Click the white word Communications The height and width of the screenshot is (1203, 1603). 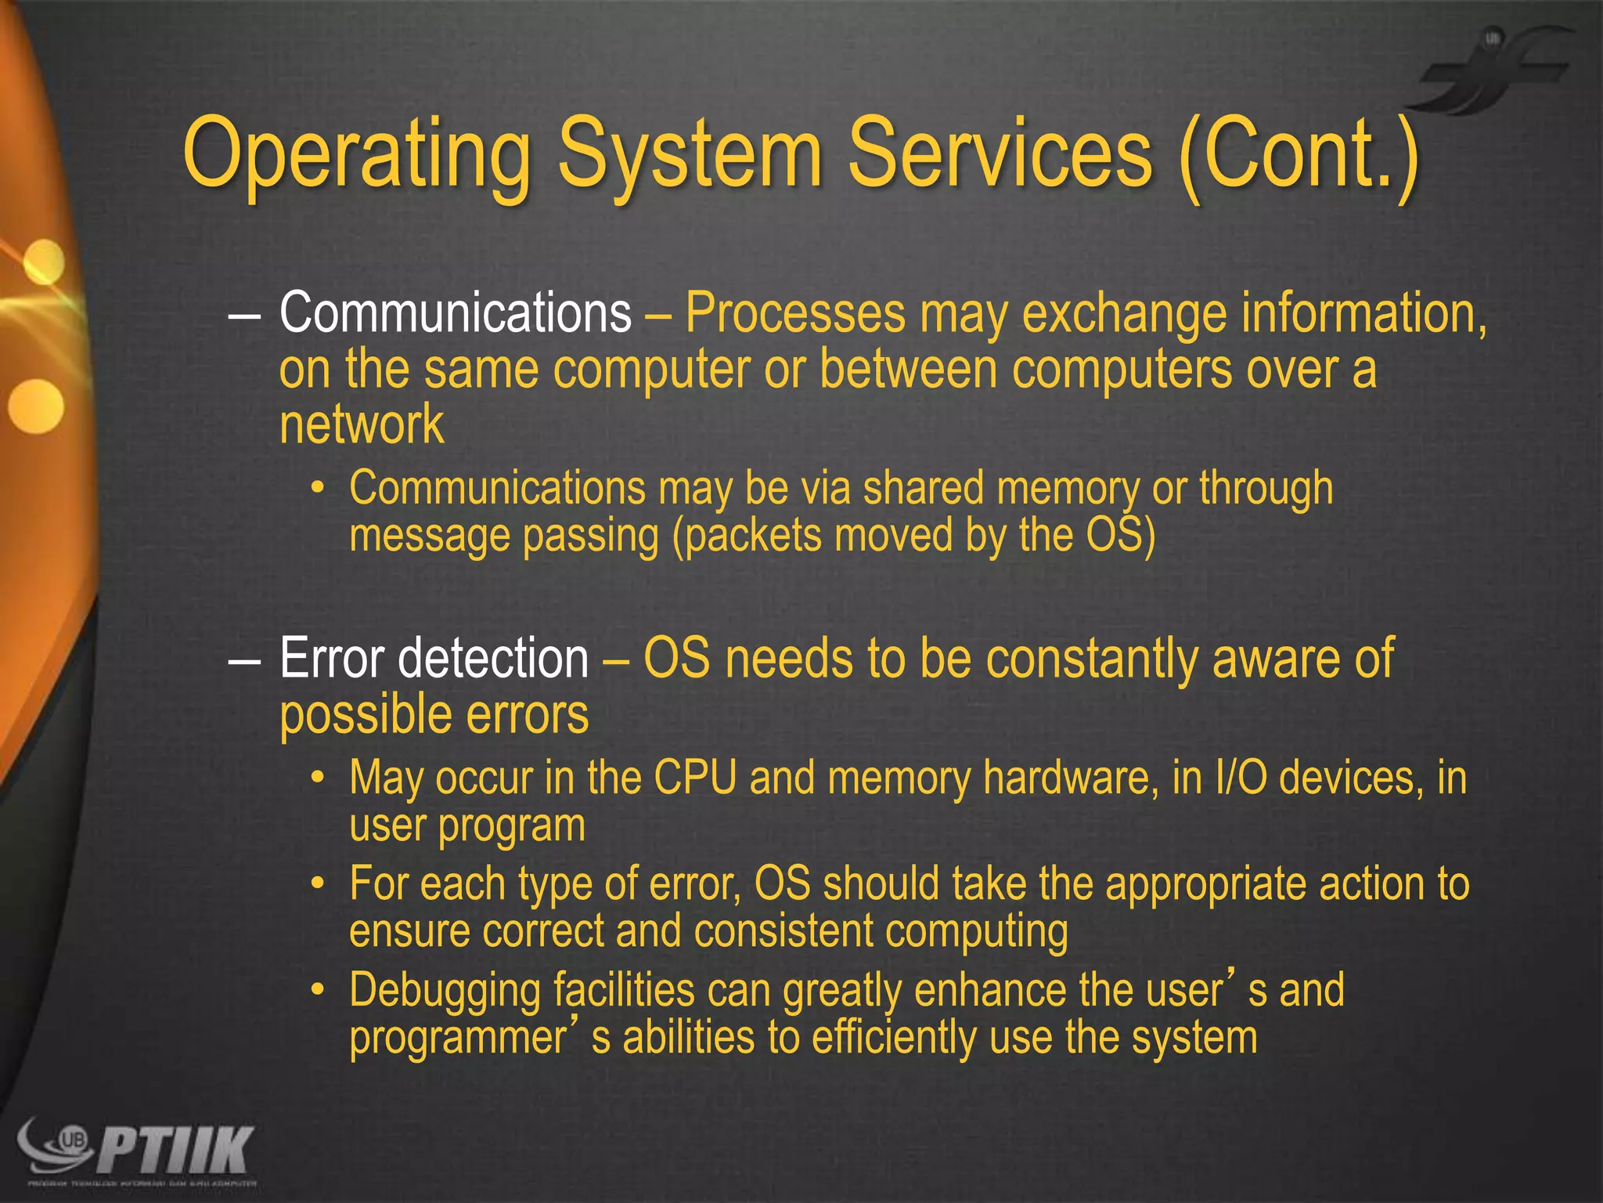(455, 312)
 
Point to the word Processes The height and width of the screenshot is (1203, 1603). (795, 312)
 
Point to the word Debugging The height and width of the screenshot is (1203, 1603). (445, 990)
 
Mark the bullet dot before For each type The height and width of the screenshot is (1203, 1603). (317, 884)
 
